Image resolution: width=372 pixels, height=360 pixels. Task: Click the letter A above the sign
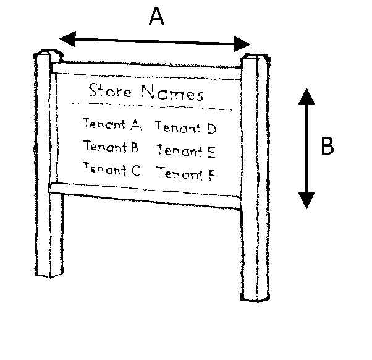click(x=157, y=17)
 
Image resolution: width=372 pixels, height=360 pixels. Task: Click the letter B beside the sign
click(x=328, y=147)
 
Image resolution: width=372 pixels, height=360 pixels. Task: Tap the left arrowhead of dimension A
click(x=67, y=39)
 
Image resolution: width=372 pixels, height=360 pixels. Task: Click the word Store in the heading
click(x=110, y=92)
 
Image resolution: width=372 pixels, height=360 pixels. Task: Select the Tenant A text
click(x=112, y=124)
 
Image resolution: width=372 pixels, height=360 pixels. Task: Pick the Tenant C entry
click(x=111, y=169)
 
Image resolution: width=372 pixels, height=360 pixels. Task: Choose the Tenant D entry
click(x=185, y=128)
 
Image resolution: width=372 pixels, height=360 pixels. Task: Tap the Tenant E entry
click(x=185, y=150)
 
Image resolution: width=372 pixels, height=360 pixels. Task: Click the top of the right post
click(x=254, y=59)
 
